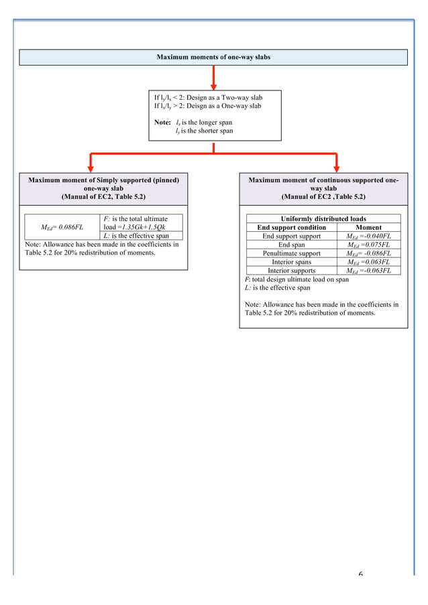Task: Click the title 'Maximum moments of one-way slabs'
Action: pyautogui.click(x=214, y=57)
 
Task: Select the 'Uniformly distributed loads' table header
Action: pyautogui.click(x=323, y=219)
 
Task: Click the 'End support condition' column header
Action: pyautogui.click(x=291, y=228)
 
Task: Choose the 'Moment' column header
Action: pyautogui.click(x=368, y=228)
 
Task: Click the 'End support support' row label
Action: pyautogui.click(x=291, y=237)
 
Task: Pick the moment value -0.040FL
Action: pyautogui.click(x=368, y=237)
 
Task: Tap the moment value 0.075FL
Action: pyautogui.click(x=368, y=245)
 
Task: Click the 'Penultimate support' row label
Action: pyautogui.click(x=291, y=254)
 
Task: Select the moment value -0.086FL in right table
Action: pyautogui.click(x=368, y=254)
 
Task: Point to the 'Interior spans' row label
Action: pyautogui.click(x=291, y=262)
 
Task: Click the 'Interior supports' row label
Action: pyautogui.click(x=291, y=271)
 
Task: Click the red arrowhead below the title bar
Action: pyautogui.click(x=213, y=84)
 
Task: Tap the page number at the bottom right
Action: pyautogui.click(x=360, y=575)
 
